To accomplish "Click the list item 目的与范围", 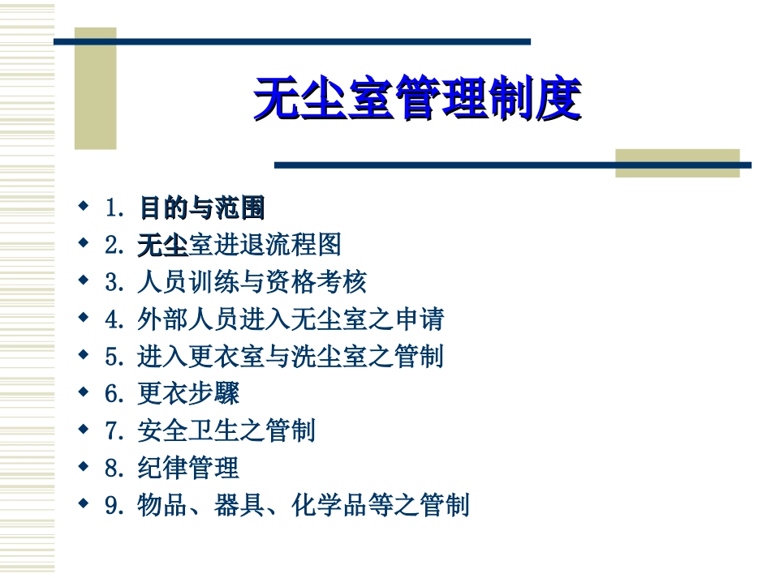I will point(202,208).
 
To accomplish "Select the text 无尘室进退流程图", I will point(239,244).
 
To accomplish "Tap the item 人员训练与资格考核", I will point(252,282).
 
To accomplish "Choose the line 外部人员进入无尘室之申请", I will point(291,319).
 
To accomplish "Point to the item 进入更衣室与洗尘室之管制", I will point(291,357).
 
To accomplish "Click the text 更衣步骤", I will point(188,394).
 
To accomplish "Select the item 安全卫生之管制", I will point(226,431).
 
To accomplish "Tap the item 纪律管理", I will point(188,469).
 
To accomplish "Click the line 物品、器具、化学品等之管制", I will point(304,506).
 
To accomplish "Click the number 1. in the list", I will point(114,208).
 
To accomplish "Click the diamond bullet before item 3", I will point(83,280).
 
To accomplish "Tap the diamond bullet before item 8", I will point(83,466).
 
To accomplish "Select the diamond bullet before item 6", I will point(83,392).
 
